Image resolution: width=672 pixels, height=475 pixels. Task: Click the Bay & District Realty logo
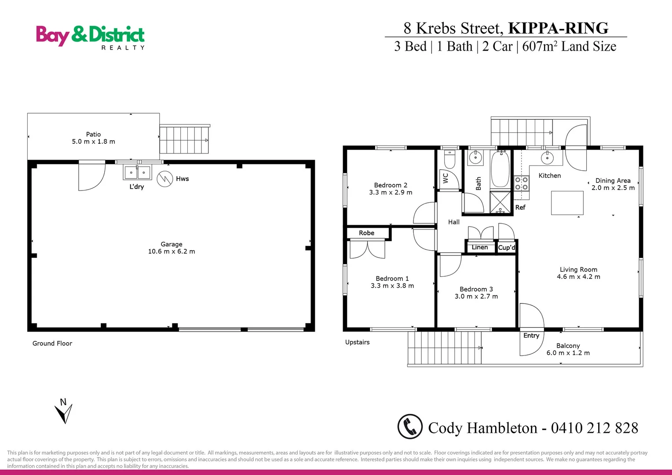click(x=90, y=37)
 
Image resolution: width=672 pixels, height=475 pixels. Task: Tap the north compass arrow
click(x=64, y=413)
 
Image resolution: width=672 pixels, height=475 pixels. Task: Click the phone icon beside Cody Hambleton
click(x=410, y=427)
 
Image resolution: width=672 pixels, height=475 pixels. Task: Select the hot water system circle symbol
click(x=165, y=179)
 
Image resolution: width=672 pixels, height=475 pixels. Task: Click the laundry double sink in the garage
click(x=137, y=172)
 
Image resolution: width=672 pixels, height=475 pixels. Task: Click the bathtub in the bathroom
click(x=500, y=169)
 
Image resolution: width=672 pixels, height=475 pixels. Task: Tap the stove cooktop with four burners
click(x=522, y=183)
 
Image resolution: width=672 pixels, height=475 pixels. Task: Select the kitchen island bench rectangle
click(x=567, y=203)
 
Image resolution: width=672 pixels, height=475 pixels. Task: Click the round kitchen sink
click(x=547, y=157)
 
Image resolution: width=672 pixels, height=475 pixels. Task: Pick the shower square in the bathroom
click(x=500, y=203)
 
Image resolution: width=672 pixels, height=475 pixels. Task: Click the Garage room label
click(x=172, y=244)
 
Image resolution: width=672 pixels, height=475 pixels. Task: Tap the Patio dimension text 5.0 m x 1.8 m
click(x=94, y=142)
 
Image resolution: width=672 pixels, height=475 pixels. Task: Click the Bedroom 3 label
click(x=476, y=289)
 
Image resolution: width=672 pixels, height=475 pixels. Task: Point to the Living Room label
click(x=578, y=270)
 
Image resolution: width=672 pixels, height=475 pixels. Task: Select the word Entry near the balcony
click(x=531, y=336)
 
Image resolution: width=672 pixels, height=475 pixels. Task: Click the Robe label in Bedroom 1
click(x=366, y=233)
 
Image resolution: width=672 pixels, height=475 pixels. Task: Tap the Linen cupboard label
click(x=480, y=247)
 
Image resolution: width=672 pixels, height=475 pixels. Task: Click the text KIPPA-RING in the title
click(x=558, y=28)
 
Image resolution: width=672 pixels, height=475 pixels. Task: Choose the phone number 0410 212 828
click(x=594, y=428)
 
